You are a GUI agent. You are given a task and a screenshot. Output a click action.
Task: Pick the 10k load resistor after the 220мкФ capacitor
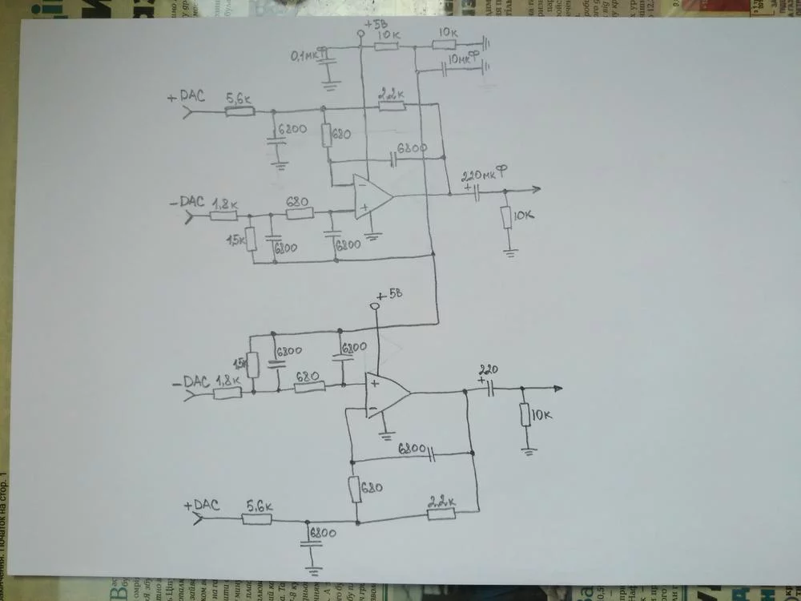click(505, 217)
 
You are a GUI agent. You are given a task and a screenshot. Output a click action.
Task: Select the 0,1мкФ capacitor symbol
click(328, 63)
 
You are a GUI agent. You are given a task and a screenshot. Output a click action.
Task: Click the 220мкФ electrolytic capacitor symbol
click(476, 192)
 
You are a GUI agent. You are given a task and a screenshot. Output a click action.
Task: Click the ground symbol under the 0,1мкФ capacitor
click(328, 83)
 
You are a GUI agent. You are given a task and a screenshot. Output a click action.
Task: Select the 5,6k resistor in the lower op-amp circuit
click(257, 518)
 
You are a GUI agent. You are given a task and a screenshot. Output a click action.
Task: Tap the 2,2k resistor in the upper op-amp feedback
click(391, 106)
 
